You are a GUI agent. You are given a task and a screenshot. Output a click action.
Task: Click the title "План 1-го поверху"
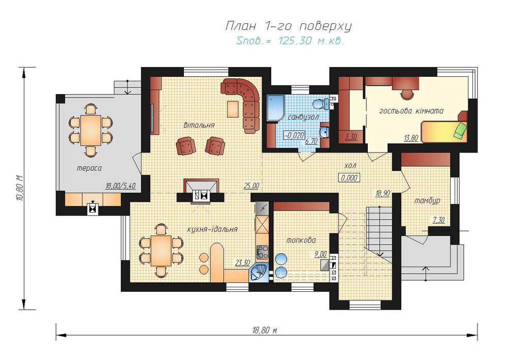pyautogui.click(x=289, y=26)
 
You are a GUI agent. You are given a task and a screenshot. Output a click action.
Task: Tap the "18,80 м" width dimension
pyautogui.click(x=264, y=331)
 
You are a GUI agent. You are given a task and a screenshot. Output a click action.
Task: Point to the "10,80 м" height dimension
pyautogui.click(x=20, y=188)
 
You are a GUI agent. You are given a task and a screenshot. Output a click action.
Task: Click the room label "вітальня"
pyautogui.click(x=199, y=125)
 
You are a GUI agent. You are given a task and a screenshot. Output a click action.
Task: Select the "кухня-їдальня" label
pyautogui.click(x=212, y=229)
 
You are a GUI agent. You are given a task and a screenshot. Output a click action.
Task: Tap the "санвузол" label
pyautogui.click(x=303, y=117)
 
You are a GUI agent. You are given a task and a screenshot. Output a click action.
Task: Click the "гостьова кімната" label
pyautogui.click(x=411, y=111)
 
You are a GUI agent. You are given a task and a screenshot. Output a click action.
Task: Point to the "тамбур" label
pyautogui.click(x=427, y=201)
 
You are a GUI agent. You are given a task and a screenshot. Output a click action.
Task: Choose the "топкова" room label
pyautogui.click(x=301, y=241)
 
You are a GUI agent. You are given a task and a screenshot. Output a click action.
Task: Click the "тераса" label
pyautogui.click(x=89, y=168)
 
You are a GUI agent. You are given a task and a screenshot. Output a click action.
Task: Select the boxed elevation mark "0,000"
pyautogui.click(x=350, y=177)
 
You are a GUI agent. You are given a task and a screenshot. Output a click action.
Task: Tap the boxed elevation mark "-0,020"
pyautogui.click(x=294, y=135)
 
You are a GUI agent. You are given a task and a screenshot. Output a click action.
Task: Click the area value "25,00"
pyautogui.click(x=251, y=186)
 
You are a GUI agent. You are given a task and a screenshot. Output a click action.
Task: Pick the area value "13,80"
pyautogui.click(x=411, y=138)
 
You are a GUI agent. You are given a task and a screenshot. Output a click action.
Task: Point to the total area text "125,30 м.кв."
pyautogui.click(x=310, y=41)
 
